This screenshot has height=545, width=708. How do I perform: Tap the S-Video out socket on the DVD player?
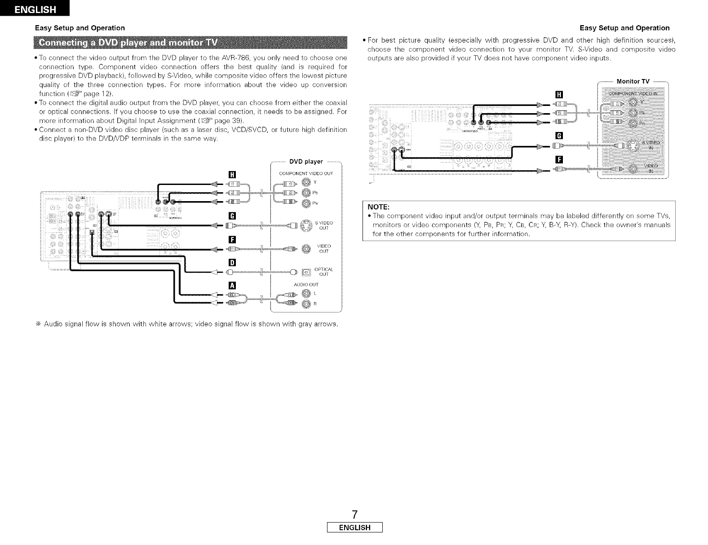[306, 225]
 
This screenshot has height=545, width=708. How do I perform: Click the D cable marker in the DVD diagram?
[232, 263]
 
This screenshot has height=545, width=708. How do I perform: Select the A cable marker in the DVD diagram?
[232, 285]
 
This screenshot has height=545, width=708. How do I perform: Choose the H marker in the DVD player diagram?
[232, 174]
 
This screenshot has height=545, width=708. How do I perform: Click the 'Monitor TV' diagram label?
[633, 81]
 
